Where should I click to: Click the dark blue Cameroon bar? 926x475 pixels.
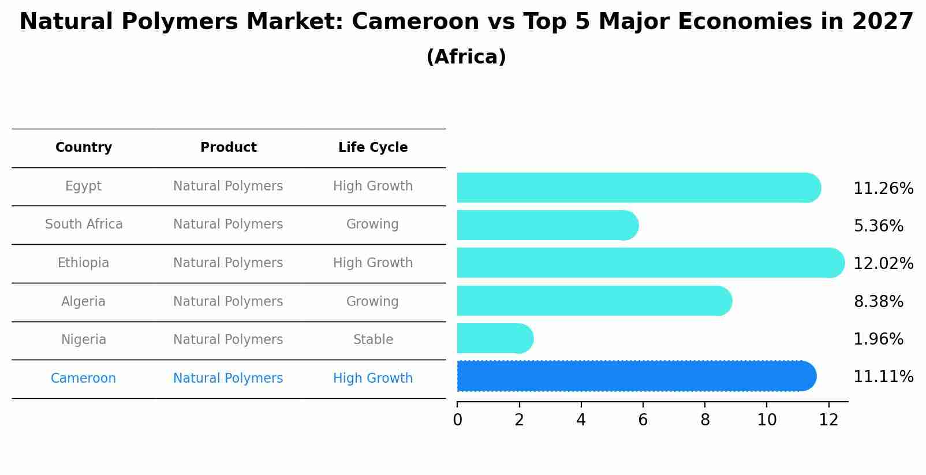tap(635, 376)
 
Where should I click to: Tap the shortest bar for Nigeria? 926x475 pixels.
tap(494, 338)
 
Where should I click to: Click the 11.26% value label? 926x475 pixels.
tap(883, 189)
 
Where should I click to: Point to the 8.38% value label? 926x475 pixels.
tap(878, 301)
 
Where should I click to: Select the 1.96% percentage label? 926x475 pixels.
tap(878, 339)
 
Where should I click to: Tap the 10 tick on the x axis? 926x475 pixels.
tap(767, 420)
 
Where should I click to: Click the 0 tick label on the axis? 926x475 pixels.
tap(458, 420)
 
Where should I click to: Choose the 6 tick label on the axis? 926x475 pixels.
tap(643, 420)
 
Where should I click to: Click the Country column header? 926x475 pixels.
tap(84, 148)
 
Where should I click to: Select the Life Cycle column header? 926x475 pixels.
tap(373, 148)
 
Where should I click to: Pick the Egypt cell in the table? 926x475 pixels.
tap(83, 186)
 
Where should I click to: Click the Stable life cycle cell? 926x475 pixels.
tap(373, 340)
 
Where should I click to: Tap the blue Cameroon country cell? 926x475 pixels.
tap(83, 379)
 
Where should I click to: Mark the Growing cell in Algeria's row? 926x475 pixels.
tap(372, 302)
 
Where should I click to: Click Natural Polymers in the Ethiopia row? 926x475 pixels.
tap(228, 263)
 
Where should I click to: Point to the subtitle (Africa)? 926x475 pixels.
tap(466, 57)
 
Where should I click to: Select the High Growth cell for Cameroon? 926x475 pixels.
tap(373, 379)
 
